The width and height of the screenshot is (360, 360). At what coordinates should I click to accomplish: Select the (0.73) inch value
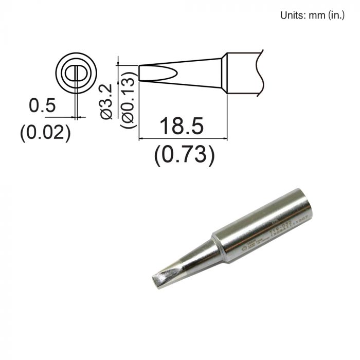pos(184,154)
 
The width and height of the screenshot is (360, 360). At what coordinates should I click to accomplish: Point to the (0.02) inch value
pos(45,133)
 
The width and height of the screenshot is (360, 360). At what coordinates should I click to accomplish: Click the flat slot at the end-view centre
pos(77,73)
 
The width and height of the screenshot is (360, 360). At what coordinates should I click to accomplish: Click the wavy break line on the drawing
pos(262,72)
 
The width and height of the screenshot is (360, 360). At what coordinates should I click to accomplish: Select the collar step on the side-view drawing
pos(224,73)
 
